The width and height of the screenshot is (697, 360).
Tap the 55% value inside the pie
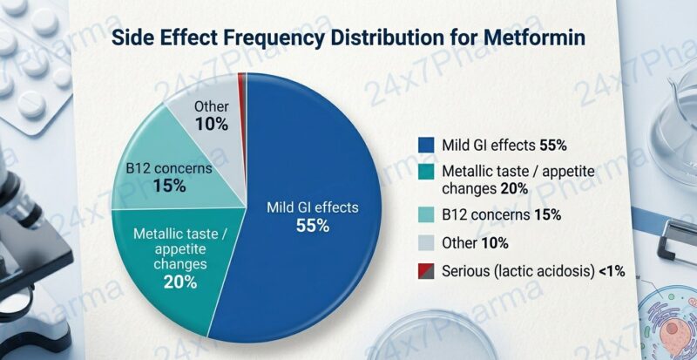(311, 225)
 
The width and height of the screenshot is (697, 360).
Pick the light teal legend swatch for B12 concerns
(426, 214)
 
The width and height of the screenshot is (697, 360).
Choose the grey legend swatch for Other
(426, 243)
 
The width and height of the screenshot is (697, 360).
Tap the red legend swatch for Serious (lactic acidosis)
(426, 271)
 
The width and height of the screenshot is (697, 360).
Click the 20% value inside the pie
(179, 282)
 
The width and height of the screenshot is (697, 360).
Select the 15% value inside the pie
(169, 186)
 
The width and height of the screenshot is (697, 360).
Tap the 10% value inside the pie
(212, 124)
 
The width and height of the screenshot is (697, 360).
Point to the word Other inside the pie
(212, 107)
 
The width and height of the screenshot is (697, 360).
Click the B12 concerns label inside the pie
(169, 168)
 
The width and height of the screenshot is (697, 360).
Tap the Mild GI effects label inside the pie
(311, 207)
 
